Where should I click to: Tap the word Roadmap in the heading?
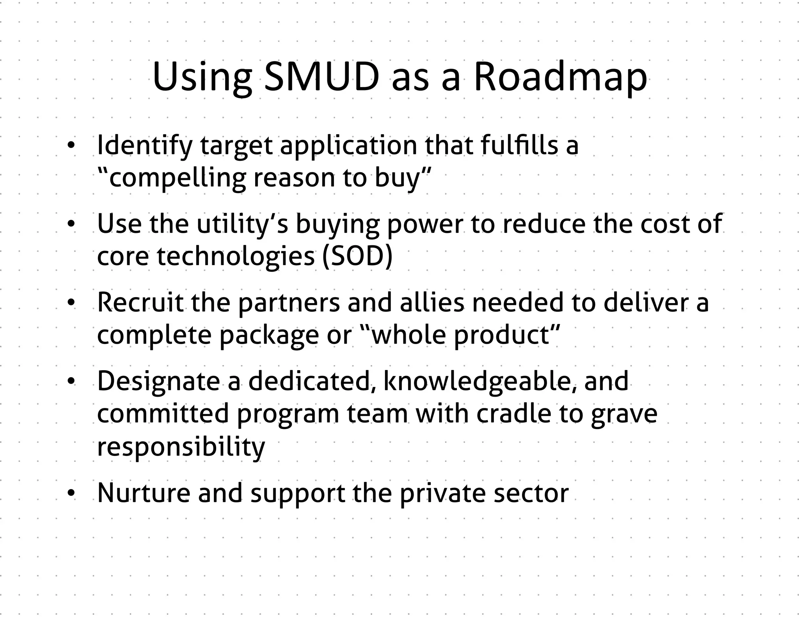click(560, 78)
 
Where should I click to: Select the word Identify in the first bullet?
click(145, 145)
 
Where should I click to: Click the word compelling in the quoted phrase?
click(178, 178)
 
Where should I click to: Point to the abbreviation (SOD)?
click(357, 257)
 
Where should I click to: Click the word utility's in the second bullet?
click(242, 224)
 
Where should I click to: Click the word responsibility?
click(181, 447)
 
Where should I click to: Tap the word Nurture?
click(143, 493)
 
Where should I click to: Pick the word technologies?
click(235, 257)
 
